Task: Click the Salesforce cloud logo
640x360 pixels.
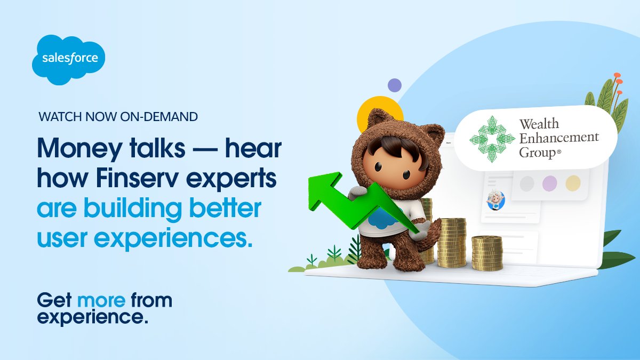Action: pos(68,59)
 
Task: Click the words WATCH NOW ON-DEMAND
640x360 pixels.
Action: pos(118,116)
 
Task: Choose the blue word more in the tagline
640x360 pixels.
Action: pos(101,300)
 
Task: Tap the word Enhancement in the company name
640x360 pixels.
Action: pos(558,138)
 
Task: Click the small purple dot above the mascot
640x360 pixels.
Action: pos(394,85)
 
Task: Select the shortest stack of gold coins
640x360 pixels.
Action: pos(487,253)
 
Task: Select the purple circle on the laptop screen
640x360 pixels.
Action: pos(549,183)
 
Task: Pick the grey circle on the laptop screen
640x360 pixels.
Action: pos(526,183)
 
